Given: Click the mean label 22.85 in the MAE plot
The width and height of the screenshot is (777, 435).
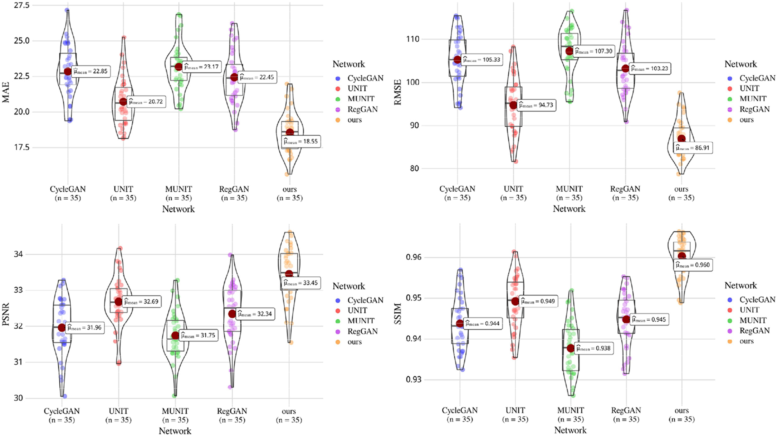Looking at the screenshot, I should pyautogui.click(x=91, y=71).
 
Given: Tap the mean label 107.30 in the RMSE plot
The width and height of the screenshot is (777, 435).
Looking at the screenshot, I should pyautogui.click(x=593, y=51).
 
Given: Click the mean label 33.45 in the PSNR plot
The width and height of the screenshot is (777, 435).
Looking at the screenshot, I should pyautogui.click(x=301, y=283).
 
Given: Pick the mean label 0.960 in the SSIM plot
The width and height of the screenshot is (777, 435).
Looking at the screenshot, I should pyautogui.click(x=694, y=265).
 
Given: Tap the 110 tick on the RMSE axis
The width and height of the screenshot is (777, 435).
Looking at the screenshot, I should pyautogui.click(x=412, y=39).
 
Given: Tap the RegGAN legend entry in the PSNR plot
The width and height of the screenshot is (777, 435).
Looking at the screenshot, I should pyautogui.click(x=362, y=331).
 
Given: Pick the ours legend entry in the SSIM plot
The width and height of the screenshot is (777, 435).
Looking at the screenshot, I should pyautogui.click(x=746, y=341).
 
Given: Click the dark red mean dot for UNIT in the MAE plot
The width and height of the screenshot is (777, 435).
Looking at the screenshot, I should pyautogui.click(x=123, y=102).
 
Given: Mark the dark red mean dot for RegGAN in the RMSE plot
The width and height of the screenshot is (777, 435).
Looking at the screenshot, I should pyautogui.click(x=625, y=68).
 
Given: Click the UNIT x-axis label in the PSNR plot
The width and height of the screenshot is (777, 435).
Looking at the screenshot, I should pyautogui.click(x=119, y=411).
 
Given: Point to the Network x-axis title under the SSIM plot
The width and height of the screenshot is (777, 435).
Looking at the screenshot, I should pyautogui.click(x=570, y=430).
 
